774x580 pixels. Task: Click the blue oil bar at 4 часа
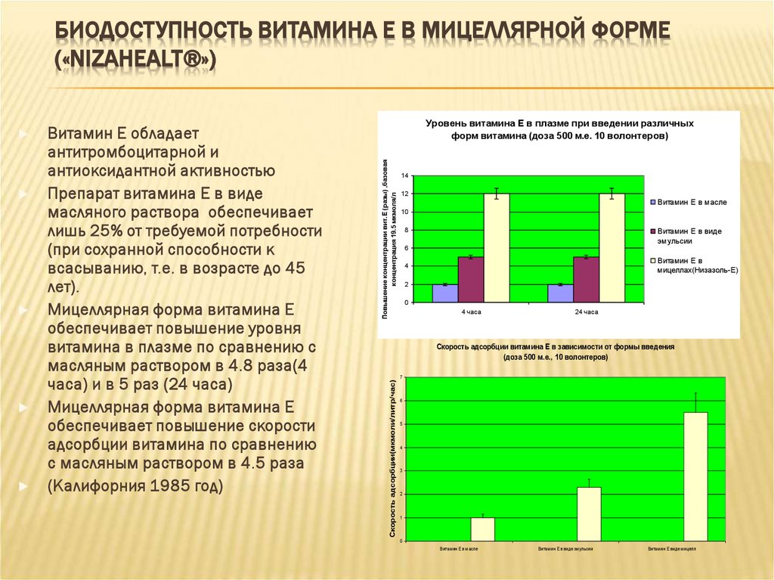pyautogui.click(x=444, y=293)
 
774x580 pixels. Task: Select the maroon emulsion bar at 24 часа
pyautogui.click(x=586, y=280)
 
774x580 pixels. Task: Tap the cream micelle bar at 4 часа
pyautogui.click(x=497, y=248)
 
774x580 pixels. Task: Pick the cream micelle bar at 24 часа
pyautogui.click(x=612, y=248)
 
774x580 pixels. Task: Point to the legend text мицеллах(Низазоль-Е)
pyautogui.click(x=697, y=269)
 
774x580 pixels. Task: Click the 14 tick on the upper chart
pyautogui.click(x=405, y=175)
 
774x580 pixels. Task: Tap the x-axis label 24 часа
pyautogui.click(x=586, y=312)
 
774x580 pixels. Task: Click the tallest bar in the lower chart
pyautogui.click(x=695, y=476)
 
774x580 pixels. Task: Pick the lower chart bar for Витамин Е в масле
pyautogui.click(x=482, y=529)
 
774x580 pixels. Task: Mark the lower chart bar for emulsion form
pyautogui.click(x=589, y=514)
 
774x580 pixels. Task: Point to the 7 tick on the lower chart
pyautogui.click(x=403, y=377)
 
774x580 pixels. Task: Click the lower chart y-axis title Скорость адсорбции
pyautogui.click(x=393, y=460)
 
